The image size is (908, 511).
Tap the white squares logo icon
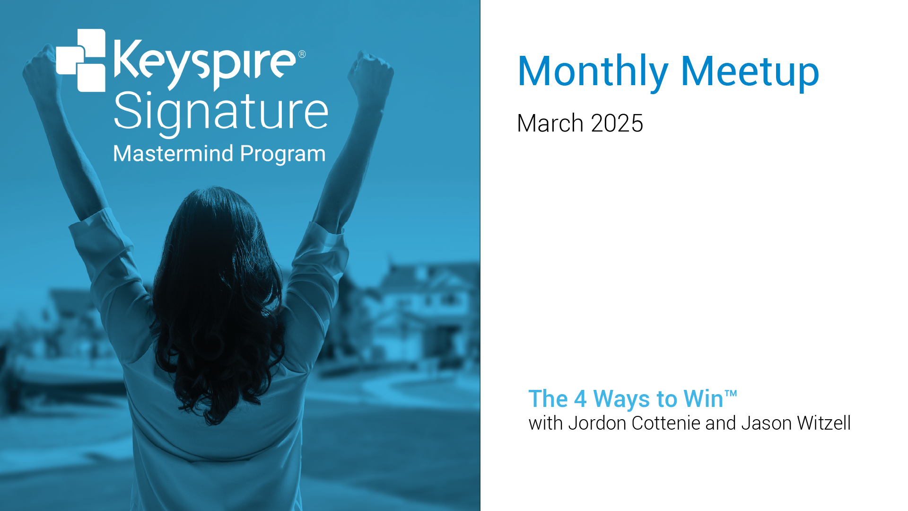81,60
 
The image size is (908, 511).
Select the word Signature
221,114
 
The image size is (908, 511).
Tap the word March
550,123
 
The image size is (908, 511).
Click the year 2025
617,123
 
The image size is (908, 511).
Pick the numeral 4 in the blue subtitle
580,399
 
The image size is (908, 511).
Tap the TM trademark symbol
731,393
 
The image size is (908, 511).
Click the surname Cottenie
666,423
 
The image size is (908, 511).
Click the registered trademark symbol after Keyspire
302,54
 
